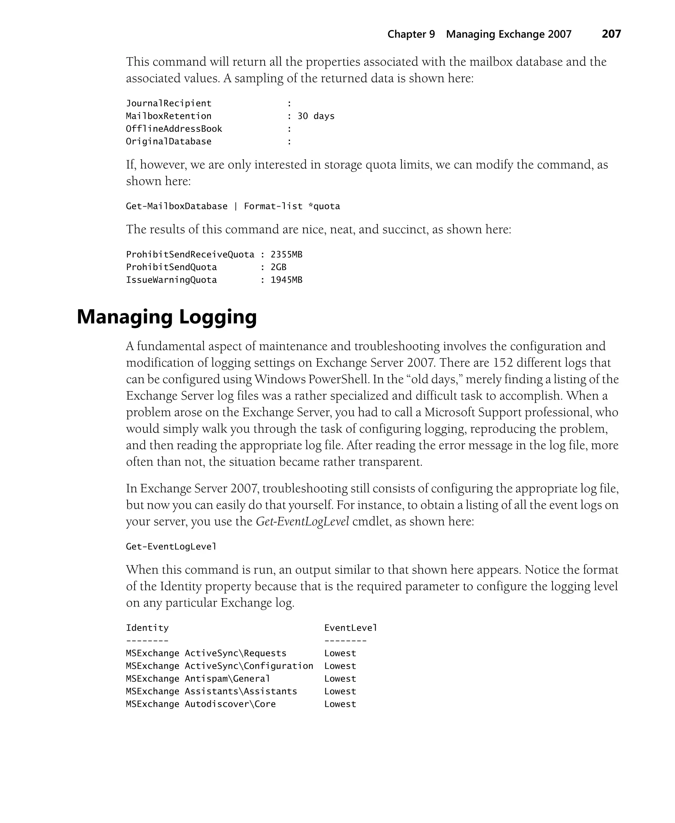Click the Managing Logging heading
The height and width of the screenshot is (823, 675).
pyautogui.click(x=167, y=317)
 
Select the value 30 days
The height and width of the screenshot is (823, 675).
pyautogui.click(x=316, y=116)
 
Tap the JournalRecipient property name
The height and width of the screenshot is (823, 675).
pyautogui.click(x=168, y=103)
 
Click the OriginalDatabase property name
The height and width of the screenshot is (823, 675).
pyautogui.click(x=168, y=141)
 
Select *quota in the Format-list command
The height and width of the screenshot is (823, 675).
pyautogui.click(x=324, y=206)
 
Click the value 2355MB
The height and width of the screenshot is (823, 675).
pyautogui.click(x=286, y=255)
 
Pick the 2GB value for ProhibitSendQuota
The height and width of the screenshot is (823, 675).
pyautogui.click(x=279, y=267)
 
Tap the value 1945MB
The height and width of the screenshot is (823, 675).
pyautogui.click(x=286, y=280)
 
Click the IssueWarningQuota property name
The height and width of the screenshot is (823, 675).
pyautogui.click(x=171, y=280)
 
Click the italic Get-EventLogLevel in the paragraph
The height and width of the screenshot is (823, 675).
pyautogui.click(x=302, y=522)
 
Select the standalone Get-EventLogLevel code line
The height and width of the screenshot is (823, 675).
pyautogui.click(x=171, y=547)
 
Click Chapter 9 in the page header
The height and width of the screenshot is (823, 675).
pyautogui.click(x=411, y=34)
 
